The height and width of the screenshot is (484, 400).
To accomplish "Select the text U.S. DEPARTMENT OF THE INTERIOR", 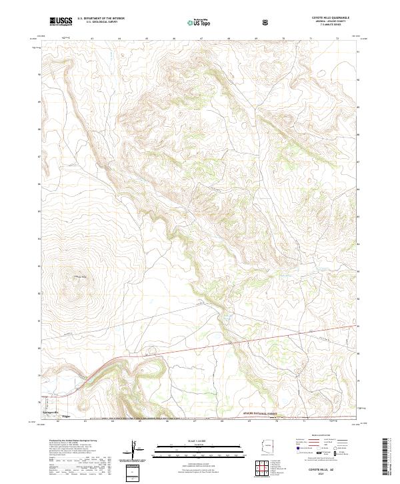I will pyautogui.click(x=101, y=19).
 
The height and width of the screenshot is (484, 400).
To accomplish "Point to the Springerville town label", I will pyautogui.click(x=51, y=414).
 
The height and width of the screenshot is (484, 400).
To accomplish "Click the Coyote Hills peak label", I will pyautogui.click(x=81, y=277).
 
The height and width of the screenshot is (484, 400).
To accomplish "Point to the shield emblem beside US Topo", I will pyautogui.click(x=267, y=22).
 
